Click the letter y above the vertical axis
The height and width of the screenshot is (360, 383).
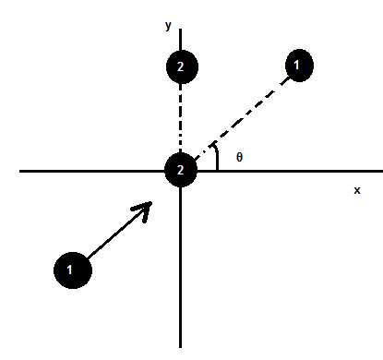(x=169, y=27)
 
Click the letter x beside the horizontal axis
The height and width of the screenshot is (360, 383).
(x=357, y=190)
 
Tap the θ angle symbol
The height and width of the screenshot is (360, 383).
(x=239, y=158)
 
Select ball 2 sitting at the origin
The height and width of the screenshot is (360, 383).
(x=181, y=170)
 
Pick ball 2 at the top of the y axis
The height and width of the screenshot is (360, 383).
(x=181, y=66)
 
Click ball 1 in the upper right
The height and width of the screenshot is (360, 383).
(x=297, y=66)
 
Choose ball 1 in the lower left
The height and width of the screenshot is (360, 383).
(x=72, y=270)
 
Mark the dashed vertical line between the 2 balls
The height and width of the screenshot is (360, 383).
(x=181, y=118)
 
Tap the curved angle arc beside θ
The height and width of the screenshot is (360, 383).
(x=216, y=158)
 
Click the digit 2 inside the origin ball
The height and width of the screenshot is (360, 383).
(x=181, y=170)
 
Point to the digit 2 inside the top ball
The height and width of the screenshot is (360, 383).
(x=181, y=66)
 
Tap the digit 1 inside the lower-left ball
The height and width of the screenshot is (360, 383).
(x=72, y=270)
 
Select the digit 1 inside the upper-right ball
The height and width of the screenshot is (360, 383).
(x=297, y=66)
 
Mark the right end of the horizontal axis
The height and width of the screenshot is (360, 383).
(x=379, y=171)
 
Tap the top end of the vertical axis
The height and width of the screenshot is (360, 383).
(x=181, y=33)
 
